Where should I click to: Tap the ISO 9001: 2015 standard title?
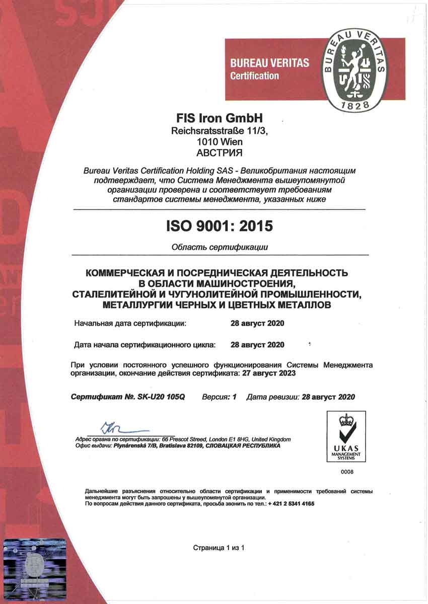click(220, 226)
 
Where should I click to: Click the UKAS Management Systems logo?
click(346, 436)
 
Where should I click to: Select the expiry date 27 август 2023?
click(268, 374)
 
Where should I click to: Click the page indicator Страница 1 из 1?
click(219, 547)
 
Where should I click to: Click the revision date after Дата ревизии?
click(328, 397)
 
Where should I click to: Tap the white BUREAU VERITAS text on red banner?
click(269, 64)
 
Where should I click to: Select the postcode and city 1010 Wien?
click(220, 142)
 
